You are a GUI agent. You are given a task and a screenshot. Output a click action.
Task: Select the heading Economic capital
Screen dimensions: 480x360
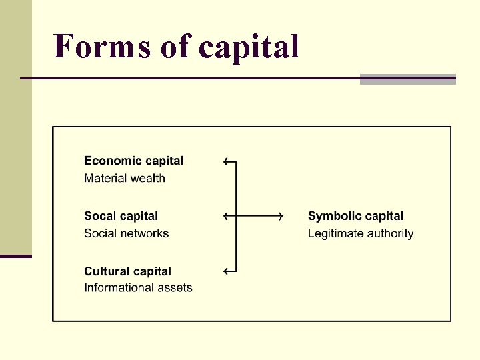(x=133, y=161)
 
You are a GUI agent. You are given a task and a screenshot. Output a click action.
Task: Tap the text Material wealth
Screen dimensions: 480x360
(x=125, y=178)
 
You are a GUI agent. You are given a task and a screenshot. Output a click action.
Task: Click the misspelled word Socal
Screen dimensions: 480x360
(x=101, y=216)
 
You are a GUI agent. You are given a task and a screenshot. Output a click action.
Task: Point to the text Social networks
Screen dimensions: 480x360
(x=126, y=233)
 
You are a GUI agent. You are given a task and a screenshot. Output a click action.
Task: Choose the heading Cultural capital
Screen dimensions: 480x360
(x=127, y=271)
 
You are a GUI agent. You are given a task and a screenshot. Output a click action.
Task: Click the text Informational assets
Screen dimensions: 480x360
(x=138, y=288)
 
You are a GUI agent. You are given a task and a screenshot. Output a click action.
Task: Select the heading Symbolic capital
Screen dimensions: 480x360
(x=355, y=216)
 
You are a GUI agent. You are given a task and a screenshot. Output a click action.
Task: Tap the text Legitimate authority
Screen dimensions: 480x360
(x=361, y=233)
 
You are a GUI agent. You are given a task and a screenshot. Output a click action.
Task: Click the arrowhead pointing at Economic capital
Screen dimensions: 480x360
(x=227, y=161)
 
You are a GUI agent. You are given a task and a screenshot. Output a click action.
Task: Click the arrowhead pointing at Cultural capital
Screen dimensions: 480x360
(x=227, y=271)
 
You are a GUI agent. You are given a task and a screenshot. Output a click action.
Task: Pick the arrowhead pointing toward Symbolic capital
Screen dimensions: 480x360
(x=279, y=216)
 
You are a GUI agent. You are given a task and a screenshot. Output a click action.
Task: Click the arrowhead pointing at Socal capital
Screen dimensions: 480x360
(x=227, y=216)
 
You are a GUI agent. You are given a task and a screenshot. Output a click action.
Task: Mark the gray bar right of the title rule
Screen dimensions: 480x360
(x=407, y=79)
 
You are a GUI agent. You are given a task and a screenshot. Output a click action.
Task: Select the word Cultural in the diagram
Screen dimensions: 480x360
(x=105, y=271)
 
